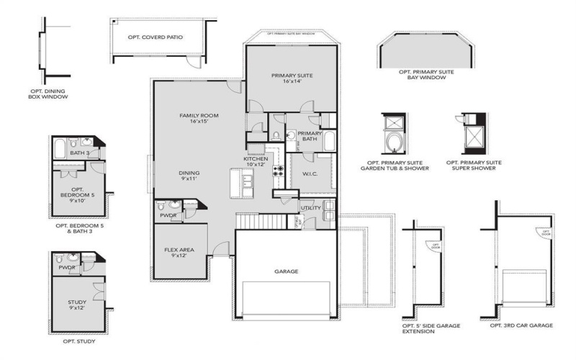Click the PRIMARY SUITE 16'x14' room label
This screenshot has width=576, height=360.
pos(292,78)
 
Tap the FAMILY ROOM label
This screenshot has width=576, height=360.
pos(199,118)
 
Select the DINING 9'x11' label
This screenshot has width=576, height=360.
pos(189,176)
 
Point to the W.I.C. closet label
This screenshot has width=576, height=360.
pos(310,174)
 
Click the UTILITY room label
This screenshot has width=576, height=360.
pos(310,208)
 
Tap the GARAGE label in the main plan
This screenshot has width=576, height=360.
pos(286,272)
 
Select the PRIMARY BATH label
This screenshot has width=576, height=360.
pos(310,136)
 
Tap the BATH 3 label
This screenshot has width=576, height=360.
pos(80,153)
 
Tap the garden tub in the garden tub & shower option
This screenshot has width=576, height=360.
pos(395,141)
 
